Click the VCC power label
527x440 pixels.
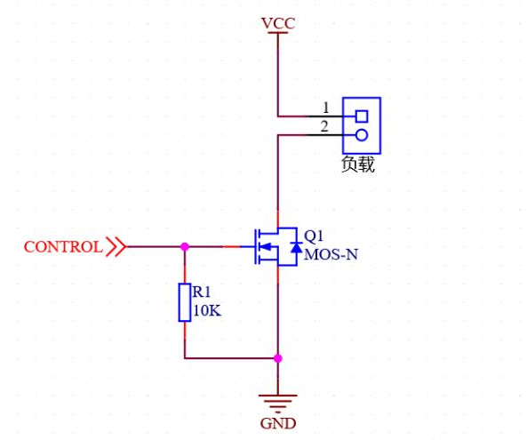point(278,23)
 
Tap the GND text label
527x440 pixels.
point(278,423)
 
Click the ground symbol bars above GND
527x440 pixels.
point(278,403)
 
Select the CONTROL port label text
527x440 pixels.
point(63,247)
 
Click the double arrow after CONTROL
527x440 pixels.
point(116,247)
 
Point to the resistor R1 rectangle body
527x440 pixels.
point(185,302)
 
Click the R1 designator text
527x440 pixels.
point(202,292)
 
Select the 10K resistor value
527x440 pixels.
point(207,310)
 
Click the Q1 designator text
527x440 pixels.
point(314,236)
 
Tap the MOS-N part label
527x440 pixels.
point(331,254)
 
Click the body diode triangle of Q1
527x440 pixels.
point(296,247)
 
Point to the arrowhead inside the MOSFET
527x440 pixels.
point(266,247)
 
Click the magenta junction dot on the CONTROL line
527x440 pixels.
point(185,247)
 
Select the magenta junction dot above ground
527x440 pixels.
point(278,358)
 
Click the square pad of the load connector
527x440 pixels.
point(362,116)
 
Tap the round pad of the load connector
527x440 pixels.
point(362,135)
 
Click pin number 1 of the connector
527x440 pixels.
point(325,108)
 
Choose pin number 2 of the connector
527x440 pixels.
point(324,127)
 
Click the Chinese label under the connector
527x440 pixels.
point(357,164)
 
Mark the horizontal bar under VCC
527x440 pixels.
point(278,33)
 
